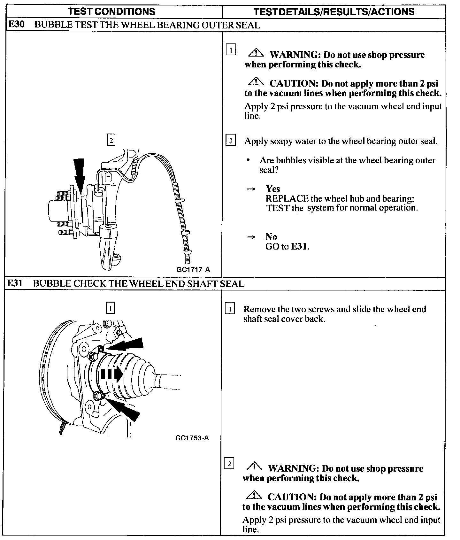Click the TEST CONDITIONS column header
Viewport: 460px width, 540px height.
pos(112,12)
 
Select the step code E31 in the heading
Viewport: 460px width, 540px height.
pos(15,283)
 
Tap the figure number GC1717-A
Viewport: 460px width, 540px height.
pos(193,269)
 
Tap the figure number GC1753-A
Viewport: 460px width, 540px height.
pos(192,438)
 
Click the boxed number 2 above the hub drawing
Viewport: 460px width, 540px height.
pos(111,140)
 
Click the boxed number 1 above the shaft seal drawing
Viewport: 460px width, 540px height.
pos(110,308)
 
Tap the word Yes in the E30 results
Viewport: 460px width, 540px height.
pos(273,189)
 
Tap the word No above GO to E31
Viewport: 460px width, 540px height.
pos(271,237)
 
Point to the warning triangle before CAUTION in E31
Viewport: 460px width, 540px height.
pos(254,496)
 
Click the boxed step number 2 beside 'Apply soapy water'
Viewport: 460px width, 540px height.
pos(230,141)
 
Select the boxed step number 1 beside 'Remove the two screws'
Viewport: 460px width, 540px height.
pos(230,309)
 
